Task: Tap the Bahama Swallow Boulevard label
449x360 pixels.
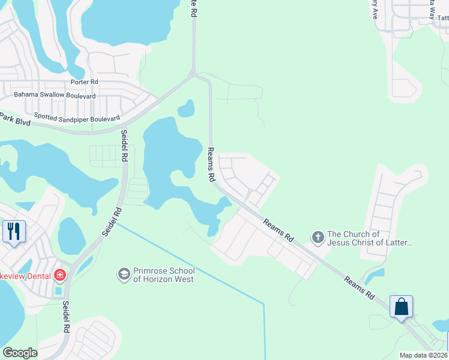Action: (x=55, y=95)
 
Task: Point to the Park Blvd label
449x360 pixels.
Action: (x=14, y=119)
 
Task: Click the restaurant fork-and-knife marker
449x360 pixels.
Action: (x=14, y=231)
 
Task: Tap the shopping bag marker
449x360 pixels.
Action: (x=400, y=307)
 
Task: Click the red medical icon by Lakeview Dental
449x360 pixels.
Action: (x=60, y=275)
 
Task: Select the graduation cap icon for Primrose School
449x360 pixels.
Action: (x=124, y=274)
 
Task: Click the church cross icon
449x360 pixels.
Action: (x=318, y=238)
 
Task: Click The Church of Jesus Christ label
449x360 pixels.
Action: (x=370, y=238)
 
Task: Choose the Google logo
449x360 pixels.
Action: (x=20, y=353)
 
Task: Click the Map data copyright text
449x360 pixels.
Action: (x=423, y=355)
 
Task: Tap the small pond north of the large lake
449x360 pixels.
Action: (x=186, y=109)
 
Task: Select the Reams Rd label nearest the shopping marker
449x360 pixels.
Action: (x=360, y=288)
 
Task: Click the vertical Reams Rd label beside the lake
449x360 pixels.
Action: (x=211, y=164)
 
